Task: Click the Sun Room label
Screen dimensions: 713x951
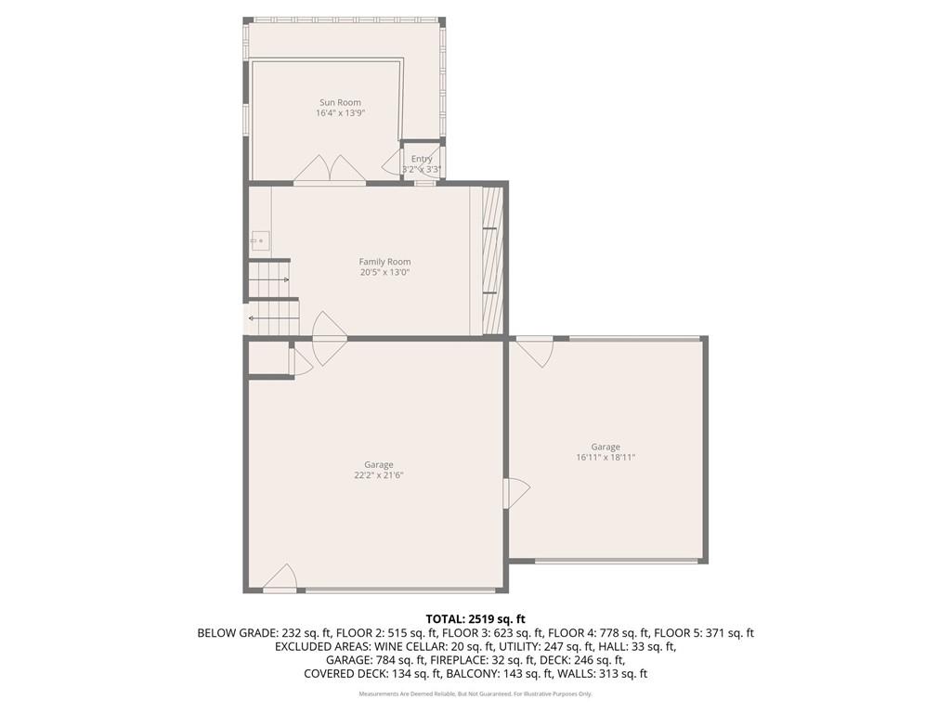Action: click(x=340, y=102)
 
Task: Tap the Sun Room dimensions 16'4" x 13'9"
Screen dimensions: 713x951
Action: click(x=340, y=113)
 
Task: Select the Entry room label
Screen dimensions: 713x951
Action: click(x=422, y=159)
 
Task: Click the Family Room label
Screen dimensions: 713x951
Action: click(x=384, y=262)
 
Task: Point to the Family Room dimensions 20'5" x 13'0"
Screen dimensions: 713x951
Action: click(x=384, y=273)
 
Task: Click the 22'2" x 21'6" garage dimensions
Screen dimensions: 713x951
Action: click(x=378, y=475)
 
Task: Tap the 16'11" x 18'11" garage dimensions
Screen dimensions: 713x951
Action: click(x=606, y=457)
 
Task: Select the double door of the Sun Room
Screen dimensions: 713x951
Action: click(x=330, y=169)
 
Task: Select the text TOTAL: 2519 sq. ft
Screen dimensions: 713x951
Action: click(x=475, y=619)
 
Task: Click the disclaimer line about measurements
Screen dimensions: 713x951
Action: click(x=475, y=694)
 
